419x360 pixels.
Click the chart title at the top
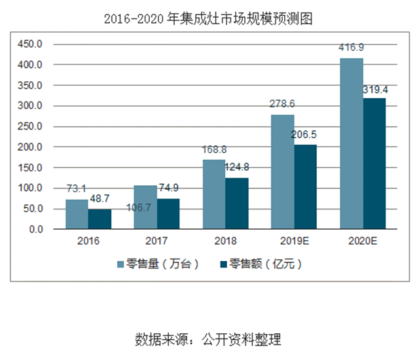209,19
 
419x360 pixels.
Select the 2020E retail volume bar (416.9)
351,144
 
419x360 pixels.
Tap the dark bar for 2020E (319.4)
374,164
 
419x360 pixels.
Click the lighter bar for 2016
77,215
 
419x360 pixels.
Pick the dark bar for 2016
100,219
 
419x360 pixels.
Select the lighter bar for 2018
213,194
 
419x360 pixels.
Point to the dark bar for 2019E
305,187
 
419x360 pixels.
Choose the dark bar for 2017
168,214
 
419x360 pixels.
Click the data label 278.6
283,104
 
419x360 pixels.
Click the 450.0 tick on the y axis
29,44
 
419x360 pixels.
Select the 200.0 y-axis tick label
29,147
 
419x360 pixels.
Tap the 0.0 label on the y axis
33,230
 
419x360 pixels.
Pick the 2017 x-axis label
156,241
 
